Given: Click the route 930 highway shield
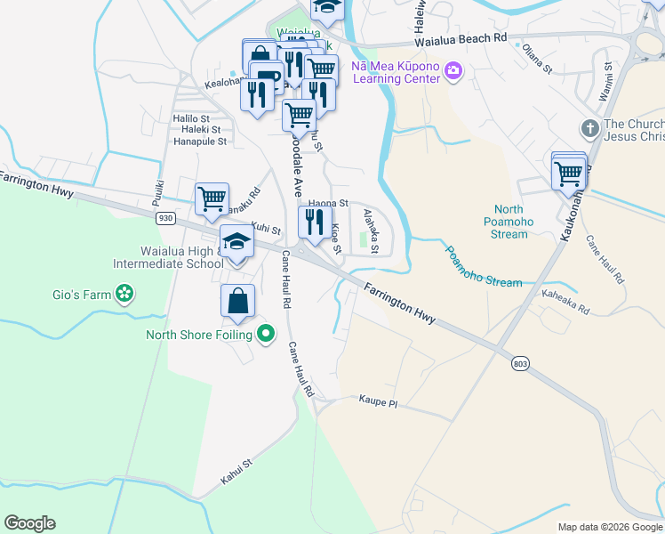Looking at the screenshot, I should click(164, 217).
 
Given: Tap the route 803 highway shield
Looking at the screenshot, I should click(522, 362).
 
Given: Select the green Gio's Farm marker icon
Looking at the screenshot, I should click(125, 293).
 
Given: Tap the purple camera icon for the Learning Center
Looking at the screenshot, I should click(453, 70).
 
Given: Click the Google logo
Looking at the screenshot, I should click(29, 523).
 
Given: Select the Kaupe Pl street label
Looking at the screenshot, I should click(379, 403).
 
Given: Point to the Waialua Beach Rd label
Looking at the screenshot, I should click(460, 39).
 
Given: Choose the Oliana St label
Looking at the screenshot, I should click(538, 59).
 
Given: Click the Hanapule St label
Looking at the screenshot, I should click(200, 141).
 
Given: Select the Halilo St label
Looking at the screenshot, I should click(191, 117).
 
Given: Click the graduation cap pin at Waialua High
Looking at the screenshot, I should click(236, 243).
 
